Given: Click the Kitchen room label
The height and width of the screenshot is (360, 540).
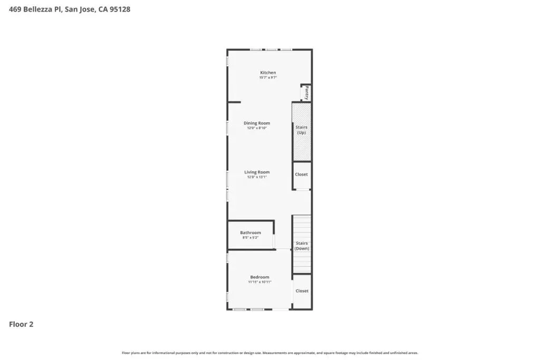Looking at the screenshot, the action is click(268, 73).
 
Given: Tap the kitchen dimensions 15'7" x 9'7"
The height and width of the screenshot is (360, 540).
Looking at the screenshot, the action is click(268, 78).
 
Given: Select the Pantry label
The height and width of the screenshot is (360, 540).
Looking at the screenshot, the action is click(306, 93).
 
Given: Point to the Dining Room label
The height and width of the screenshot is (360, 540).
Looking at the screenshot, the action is click(257, 123).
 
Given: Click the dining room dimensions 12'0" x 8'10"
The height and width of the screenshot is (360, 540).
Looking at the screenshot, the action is click(257, 128).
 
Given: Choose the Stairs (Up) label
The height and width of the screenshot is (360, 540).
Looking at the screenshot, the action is click(301, 130).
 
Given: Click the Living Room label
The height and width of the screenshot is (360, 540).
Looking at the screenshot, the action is click(257, 172).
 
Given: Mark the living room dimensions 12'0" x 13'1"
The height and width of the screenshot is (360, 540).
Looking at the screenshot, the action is click(257, 177).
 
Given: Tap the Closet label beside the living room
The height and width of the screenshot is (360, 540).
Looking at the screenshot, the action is click(301, 174).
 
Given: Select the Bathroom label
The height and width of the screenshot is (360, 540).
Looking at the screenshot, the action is click(250, 232).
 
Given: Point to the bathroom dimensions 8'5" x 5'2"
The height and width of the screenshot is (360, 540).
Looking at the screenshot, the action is click(250, 238).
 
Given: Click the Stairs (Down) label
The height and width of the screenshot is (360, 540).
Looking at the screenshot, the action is click(302, 246).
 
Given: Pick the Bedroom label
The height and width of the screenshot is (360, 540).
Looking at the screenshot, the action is click(259, 277).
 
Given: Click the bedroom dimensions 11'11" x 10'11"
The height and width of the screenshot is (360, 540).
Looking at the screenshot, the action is click(259, 282).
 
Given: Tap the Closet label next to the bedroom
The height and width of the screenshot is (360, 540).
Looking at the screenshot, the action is click(302, 291).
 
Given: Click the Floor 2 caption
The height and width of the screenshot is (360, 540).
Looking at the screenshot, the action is click(21, 324).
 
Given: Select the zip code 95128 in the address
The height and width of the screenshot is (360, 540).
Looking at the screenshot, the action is click(120, 9).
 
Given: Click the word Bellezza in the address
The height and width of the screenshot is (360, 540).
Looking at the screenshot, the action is click(38, 9).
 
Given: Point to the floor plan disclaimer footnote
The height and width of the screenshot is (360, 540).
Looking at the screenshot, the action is click(270, 353).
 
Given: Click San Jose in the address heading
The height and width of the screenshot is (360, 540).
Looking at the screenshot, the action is click(80, 9).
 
